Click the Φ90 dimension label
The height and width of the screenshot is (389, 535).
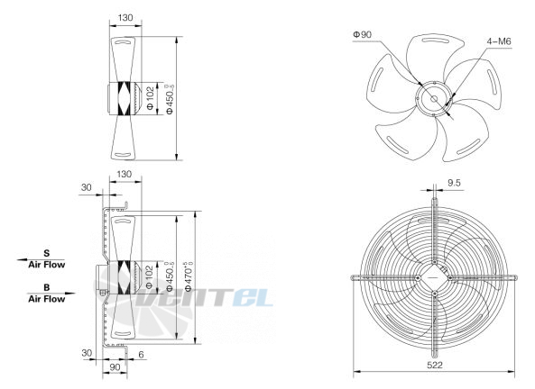pyautogui.click(x=363, y=34)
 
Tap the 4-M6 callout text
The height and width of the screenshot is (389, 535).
pyautogui.click(x=499, y=41)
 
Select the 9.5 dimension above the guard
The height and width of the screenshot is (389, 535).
pyautogui.click(x=454, y=183)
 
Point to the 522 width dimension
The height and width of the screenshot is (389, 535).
pyautogui.click(x=435, y=366)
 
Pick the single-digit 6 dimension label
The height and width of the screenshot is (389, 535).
pyautogui.click(x=142, y=355)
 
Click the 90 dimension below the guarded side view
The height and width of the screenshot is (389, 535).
pyautogui.click(x=115, y=366)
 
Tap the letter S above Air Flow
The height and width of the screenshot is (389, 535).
pyautogui.click(x=47, y=253)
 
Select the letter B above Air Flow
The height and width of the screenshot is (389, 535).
pyautogui.click(x=47, y=287)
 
